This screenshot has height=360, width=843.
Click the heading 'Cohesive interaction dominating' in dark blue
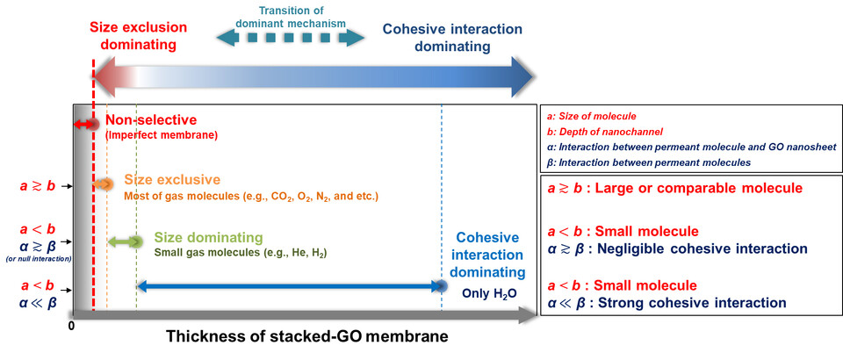coord(452,37)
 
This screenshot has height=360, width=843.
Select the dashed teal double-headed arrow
coord(290,37)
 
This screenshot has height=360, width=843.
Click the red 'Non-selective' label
coord(151,120)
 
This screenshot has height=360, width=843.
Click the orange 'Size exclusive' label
coord(168,180)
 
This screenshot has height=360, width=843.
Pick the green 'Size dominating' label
coord(208,238)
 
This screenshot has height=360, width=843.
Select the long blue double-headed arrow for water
coord(290,285)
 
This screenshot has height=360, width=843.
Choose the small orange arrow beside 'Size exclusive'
coord(104,184)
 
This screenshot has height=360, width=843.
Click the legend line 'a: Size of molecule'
coord(591,116)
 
